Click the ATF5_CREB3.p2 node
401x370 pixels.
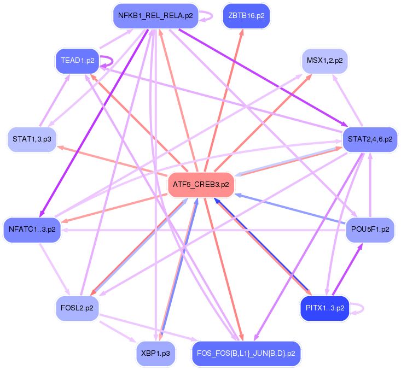pos(201,185)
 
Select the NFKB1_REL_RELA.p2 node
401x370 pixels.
pos(155,16)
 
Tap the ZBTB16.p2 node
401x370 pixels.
pos(246,16)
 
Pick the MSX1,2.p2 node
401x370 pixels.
pos(324,61)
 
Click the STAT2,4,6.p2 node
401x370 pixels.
pos(370,139)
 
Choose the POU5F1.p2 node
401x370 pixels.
pos(370,229)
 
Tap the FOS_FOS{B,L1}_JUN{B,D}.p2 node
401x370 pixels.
pos(246,353)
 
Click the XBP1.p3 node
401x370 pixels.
pos(156,353)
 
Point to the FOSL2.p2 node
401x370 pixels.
pos(77,308)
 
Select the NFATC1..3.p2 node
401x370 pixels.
pos(32,229)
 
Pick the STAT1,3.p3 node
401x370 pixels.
pos(32,139)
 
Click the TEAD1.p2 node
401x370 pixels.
pos(77,61)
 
